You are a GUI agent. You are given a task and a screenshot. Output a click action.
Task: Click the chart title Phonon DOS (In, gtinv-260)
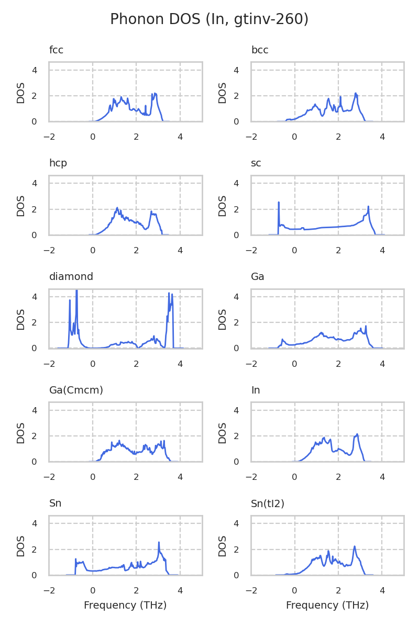coord(209,19)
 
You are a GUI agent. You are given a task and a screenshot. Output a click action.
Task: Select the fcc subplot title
coord(56,50)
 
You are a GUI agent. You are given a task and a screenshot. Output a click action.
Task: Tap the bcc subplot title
coord(260,50)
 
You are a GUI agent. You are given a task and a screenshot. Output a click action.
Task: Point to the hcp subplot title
coord(58,163)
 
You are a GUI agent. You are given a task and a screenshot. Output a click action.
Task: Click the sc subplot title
coord(256,163)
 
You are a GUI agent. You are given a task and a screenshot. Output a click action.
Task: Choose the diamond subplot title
coord(71,277)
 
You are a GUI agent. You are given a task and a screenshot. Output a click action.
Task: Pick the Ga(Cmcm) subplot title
coord(76,390)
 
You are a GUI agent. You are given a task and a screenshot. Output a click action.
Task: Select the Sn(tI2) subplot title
coord(268,503)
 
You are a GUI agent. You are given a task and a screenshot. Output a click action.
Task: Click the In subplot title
coord(256,390)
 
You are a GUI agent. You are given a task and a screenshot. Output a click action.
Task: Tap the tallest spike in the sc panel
coord(279,202)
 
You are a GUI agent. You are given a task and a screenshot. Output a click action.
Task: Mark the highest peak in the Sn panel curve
coord(159,542)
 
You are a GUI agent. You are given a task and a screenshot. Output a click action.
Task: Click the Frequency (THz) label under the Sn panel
coord(125,605)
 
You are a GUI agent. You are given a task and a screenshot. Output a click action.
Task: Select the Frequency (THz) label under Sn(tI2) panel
coord(327,605)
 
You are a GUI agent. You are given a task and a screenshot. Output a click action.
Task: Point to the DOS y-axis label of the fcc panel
coord(21,92)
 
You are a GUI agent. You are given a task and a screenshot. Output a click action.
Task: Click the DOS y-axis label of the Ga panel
coord(223,319)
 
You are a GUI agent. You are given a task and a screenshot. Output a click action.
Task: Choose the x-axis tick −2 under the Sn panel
coord(49,591)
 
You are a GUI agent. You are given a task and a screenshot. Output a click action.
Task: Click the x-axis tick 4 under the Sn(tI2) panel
coord(382,591)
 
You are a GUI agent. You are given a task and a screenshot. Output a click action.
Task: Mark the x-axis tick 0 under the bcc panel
coord(295,137)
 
